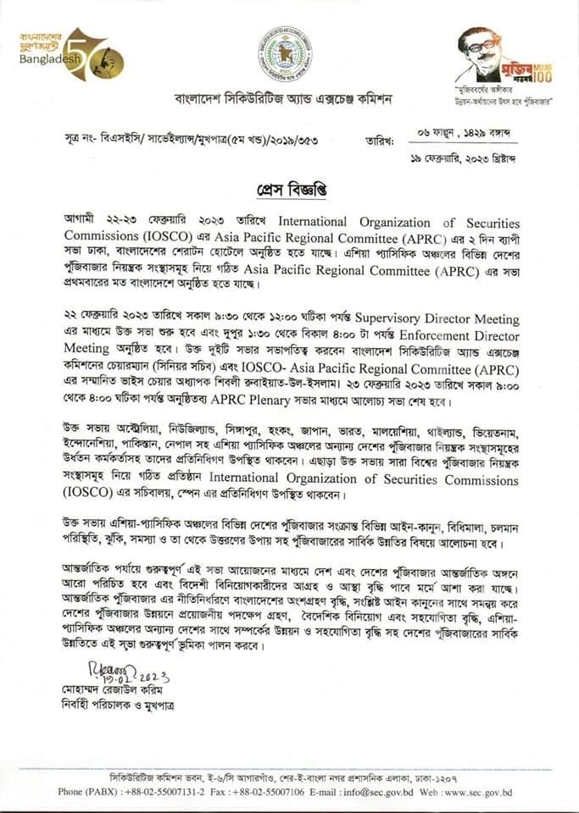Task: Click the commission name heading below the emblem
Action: [283, 98]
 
